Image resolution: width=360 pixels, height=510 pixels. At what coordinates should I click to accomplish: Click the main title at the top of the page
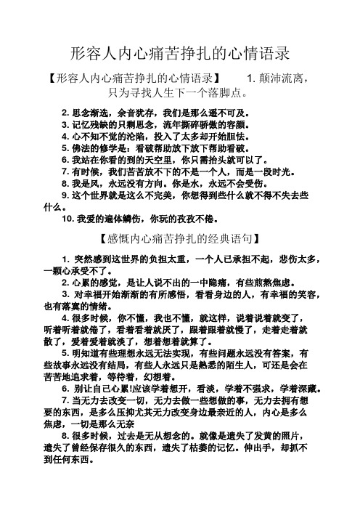[x=180, y=54]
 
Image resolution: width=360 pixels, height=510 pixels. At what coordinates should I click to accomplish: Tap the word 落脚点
[x=225, y=93]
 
